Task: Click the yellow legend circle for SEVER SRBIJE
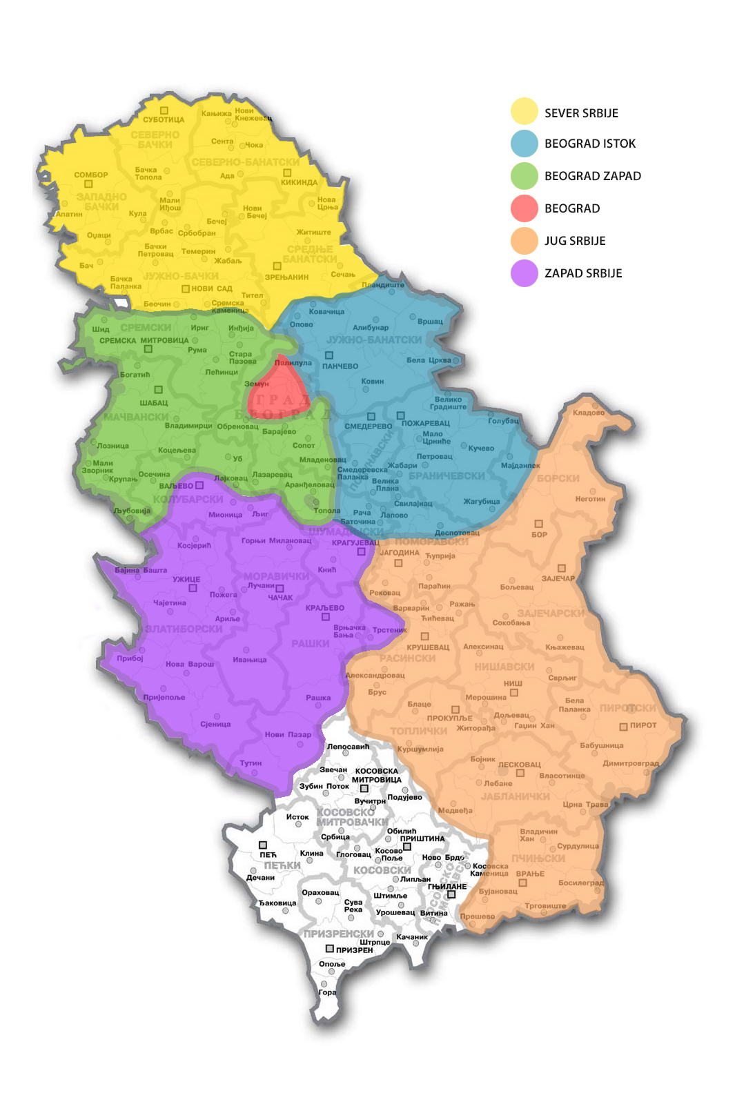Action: [524, 112]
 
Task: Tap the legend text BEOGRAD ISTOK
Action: [590, 144]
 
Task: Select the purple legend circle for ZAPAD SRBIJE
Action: [524, 273]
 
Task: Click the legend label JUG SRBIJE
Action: [575, 241]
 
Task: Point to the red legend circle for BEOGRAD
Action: [524, 208]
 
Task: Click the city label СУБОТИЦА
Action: [164, 120]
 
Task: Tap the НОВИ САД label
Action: [212, 288]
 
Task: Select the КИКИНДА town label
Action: [299, 182]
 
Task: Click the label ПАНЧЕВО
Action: [340, 366]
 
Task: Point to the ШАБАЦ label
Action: [154, 402]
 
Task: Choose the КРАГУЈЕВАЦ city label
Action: [355, 542]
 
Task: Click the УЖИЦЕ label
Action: [186, 579]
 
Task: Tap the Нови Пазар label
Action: [288, 734]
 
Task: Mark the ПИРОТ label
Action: [643, 725]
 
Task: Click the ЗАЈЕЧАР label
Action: [558, 578]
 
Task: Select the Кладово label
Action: [588, 413]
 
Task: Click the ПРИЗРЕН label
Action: [354, 950]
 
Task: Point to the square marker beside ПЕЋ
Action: [263, 845]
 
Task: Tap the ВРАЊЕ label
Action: [530, 874]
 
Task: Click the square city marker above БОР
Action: [538, 524]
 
